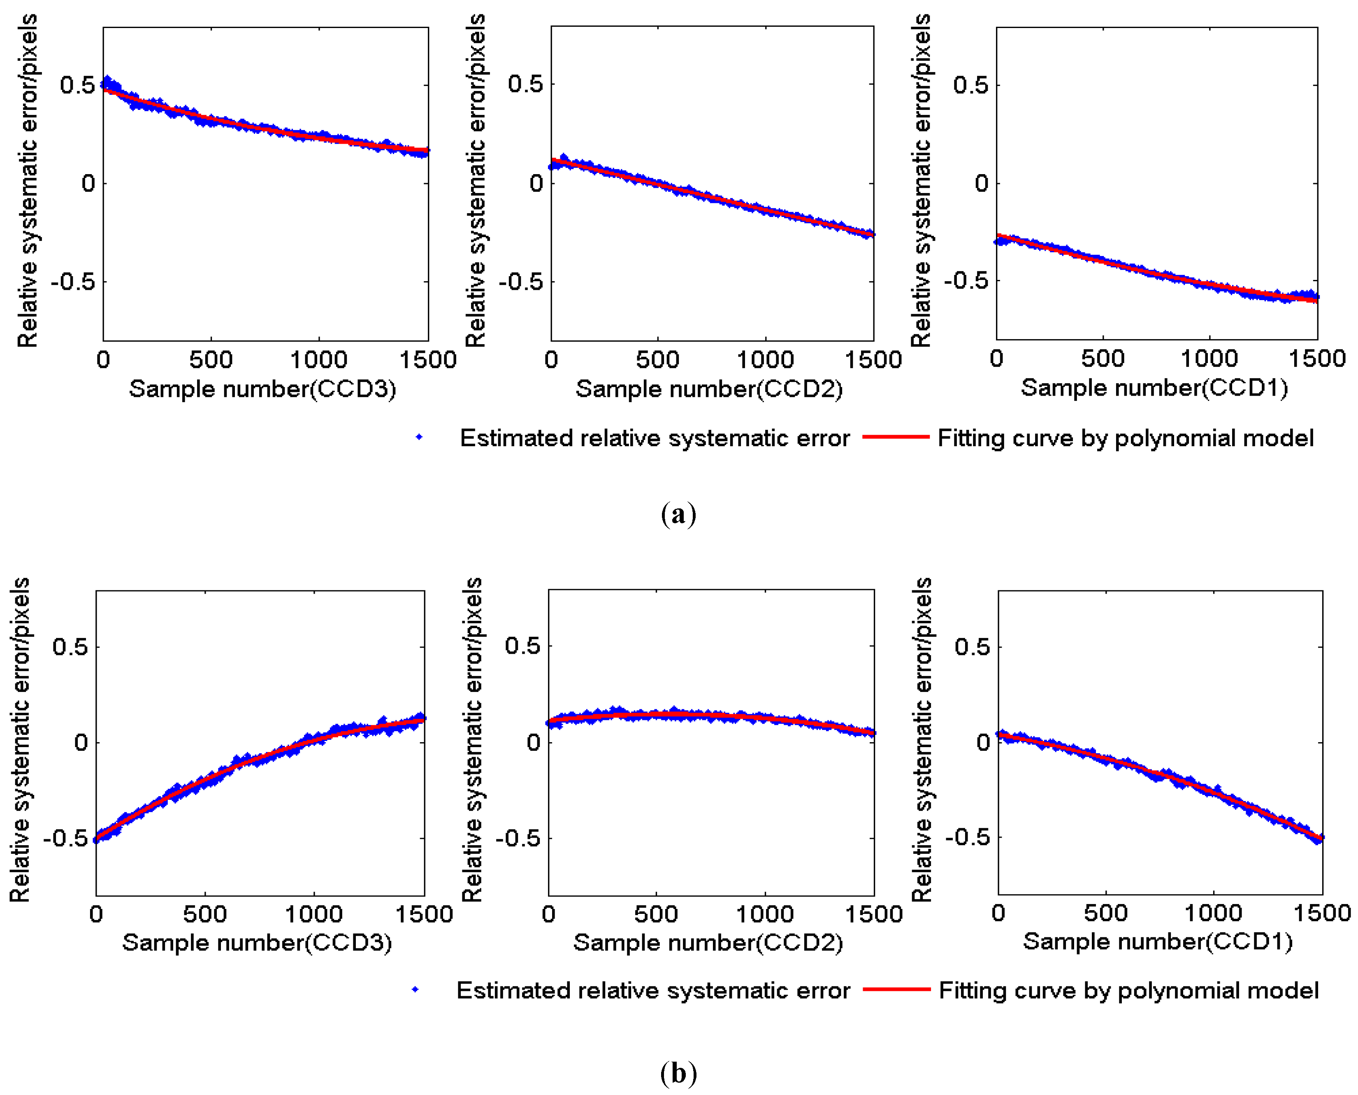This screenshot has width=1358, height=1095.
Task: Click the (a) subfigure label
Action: [678, 514]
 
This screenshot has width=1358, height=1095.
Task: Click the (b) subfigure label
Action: [678, 1072]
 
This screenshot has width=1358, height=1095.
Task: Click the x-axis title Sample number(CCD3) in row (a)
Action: [262, 389]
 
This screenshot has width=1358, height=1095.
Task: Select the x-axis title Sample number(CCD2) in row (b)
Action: [708, 942]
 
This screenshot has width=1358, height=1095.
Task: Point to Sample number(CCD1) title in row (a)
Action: [1154, 387]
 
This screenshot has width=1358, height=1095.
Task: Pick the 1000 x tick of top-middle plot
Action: [765, 359]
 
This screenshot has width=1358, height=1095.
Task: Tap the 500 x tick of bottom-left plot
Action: [205, 914]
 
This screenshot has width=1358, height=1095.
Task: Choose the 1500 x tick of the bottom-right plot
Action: [1322, 913]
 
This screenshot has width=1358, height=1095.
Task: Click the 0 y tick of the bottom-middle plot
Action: [533, 742]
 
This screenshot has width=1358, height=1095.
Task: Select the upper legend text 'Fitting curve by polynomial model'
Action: [1126, 438]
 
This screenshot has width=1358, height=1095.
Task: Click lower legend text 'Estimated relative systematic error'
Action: [653, 990]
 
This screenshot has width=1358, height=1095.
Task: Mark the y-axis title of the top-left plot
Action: [27, 182]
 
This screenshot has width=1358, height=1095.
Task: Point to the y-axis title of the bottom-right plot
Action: [922, 740]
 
